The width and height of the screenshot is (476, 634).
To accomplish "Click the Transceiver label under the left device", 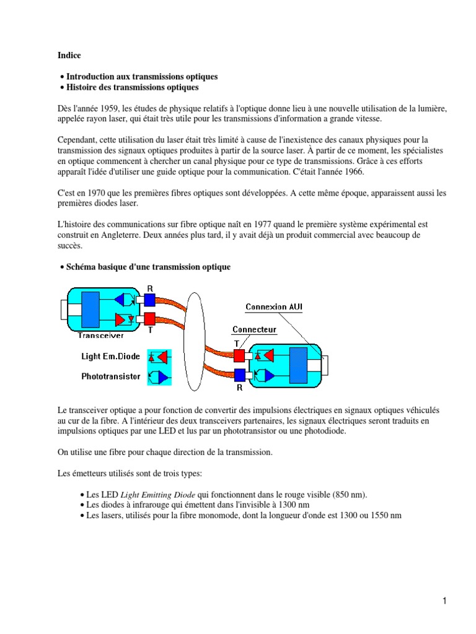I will [100, 336].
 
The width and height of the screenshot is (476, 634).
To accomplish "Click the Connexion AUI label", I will [274, 307].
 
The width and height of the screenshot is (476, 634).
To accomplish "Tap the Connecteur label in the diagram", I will [254, 330].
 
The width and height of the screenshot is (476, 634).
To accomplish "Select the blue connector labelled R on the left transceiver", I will [149, 300].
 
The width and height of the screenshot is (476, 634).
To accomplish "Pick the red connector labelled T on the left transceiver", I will [149, 319].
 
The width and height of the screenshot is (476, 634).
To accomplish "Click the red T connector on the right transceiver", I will [239, 355].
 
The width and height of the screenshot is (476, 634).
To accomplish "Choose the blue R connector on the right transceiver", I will [239, 375].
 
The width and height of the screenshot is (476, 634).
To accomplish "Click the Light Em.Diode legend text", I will [112, 357].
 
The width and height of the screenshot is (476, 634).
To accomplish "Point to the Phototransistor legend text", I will [110, 376].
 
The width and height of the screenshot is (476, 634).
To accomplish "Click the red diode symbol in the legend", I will [159, 357].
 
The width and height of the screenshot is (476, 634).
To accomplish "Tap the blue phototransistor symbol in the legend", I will [159, 376].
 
